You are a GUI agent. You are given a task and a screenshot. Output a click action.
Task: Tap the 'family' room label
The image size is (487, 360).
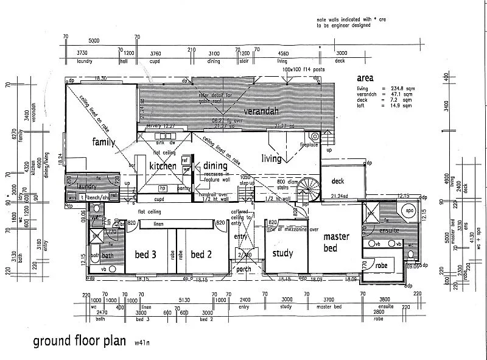103,142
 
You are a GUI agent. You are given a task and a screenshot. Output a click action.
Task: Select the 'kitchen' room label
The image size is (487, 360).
163,166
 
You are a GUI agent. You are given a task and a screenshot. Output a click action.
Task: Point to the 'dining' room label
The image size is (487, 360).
215,165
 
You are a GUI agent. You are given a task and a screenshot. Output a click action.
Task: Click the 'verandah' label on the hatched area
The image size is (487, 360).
261,111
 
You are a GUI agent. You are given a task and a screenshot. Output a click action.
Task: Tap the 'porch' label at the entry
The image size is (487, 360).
243,269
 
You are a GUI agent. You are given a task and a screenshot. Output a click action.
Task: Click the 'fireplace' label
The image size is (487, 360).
309,145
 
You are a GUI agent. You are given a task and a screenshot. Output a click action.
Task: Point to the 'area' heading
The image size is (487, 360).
365,79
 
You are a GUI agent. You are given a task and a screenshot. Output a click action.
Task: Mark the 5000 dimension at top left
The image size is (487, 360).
93,40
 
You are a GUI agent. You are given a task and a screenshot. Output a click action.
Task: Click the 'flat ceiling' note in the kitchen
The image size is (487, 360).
164,152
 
